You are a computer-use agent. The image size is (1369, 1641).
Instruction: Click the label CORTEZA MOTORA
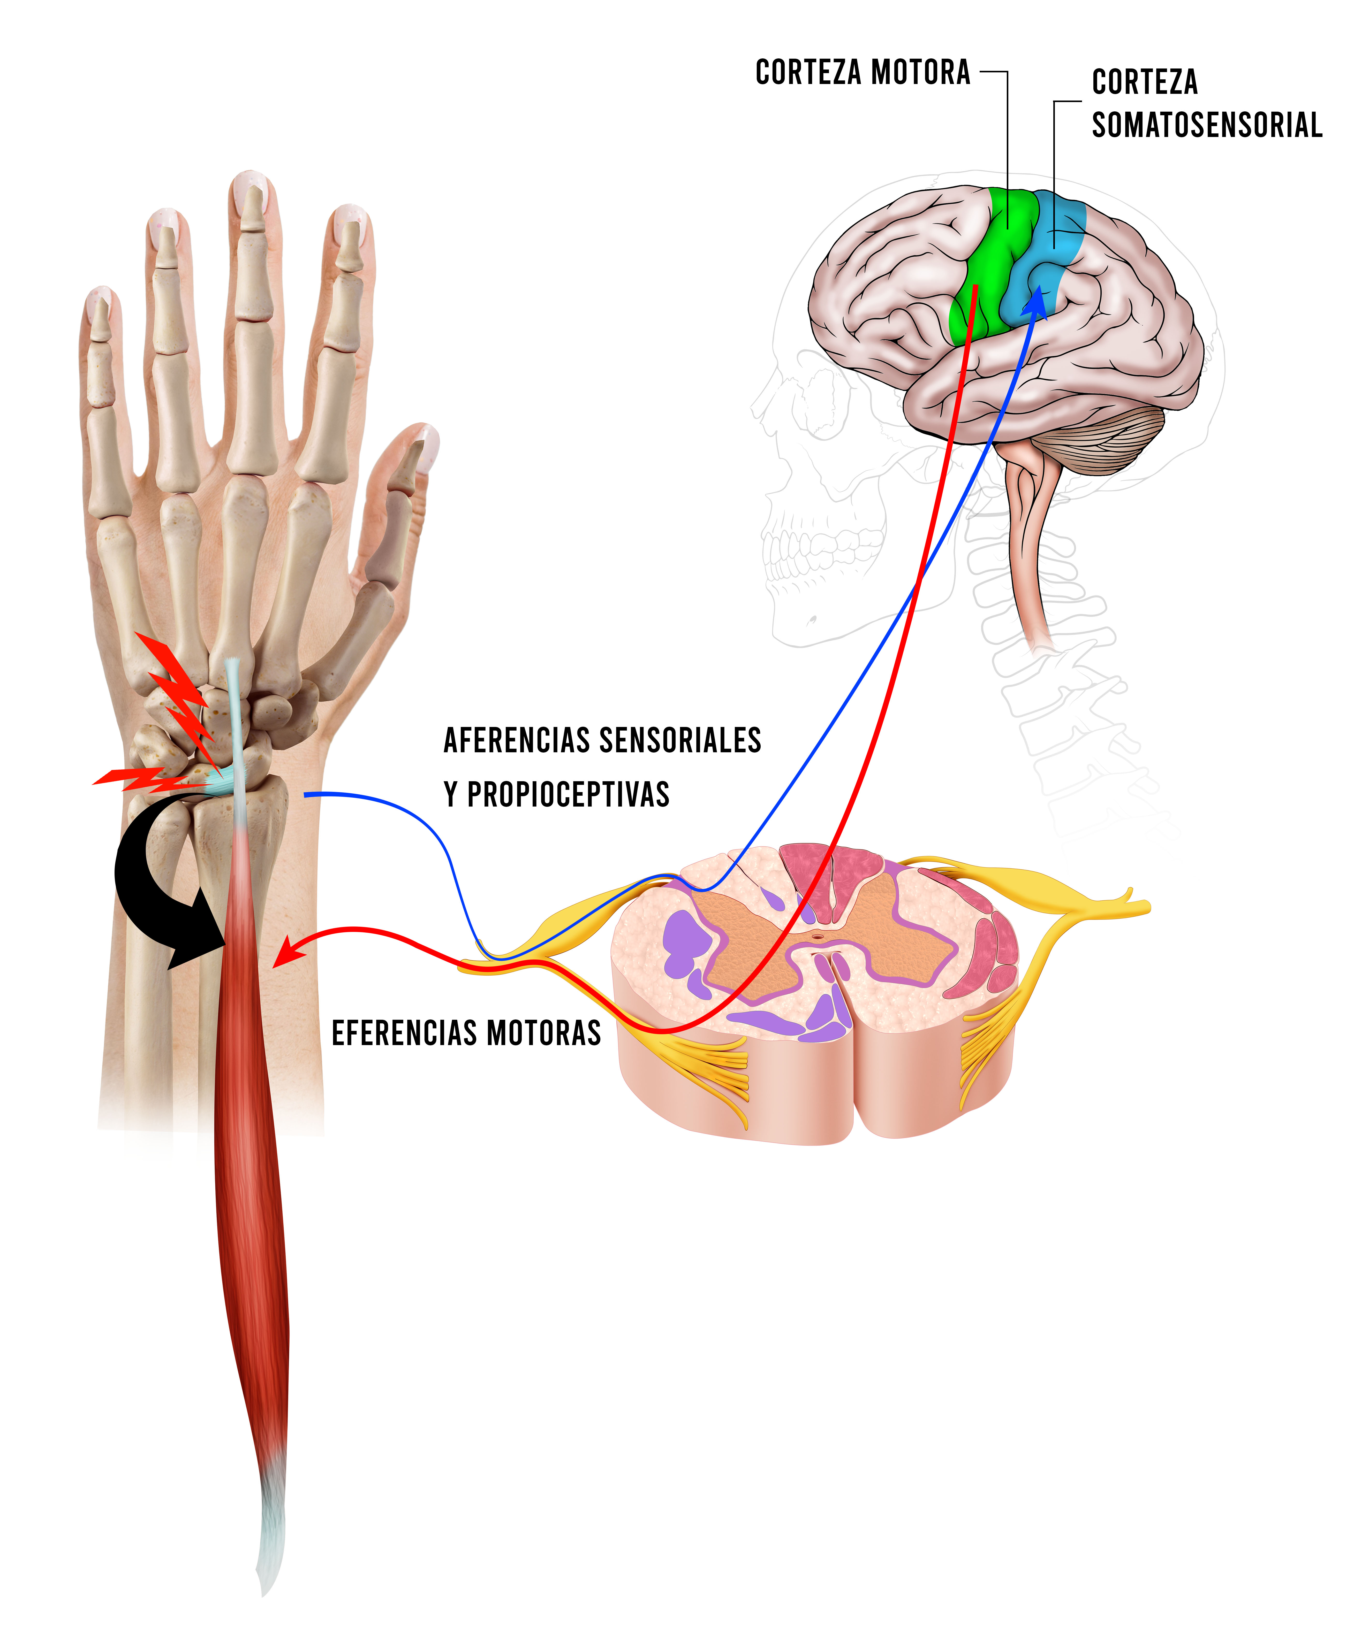pyautogui.click(x=862, y=73)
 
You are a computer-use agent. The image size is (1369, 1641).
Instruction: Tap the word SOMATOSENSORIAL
pyautogui.click(x=1206, y=125)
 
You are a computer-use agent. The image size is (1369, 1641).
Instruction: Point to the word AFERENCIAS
pyautogui.click(x=516, y=740)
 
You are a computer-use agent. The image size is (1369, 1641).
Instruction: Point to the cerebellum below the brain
pyautogui.click(x=1110, y=441)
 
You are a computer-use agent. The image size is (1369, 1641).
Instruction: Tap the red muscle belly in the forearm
pyautogui.click(x=250, y=1172)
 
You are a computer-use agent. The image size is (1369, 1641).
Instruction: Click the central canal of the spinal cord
pyautogui.click(x=818, y=934)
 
